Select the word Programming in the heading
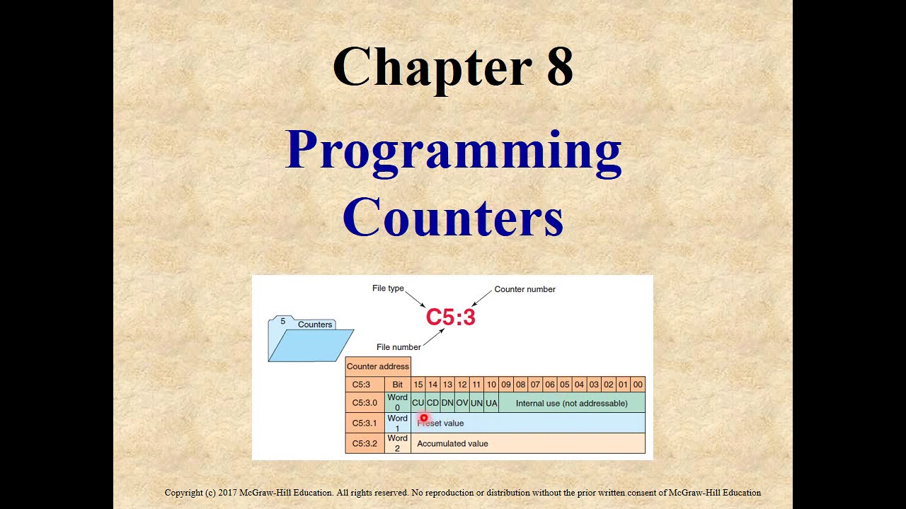[453, 151]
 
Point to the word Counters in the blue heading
[453, 217]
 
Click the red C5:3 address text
[450, 317]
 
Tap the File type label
[388, 288]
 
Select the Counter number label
[524, 289]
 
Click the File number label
[398, 347]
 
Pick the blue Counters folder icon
[310, 340]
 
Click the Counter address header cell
[377, 366]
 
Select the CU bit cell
[418, 403]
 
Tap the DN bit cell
[447, 403]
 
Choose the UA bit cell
[491, 403]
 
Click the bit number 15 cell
[418, 385]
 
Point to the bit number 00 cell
[638, 385]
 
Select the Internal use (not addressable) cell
[571, 403]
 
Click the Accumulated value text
[452, 443]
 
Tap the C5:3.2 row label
[365, 443]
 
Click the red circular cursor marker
[424, 419]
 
